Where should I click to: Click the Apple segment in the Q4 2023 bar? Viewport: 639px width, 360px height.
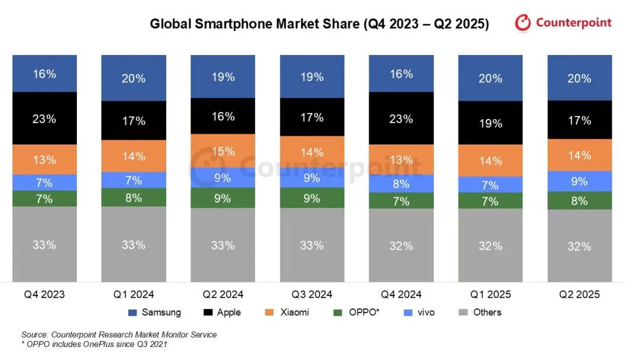pos(44,118)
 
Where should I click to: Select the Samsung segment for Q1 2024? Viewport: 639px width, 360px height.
pos(134,78)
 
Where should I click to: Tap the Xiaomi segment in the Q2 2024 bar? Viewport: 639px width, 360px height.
pos(222,151)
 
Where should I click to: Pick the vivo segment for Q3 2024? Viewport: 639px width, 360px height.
pos(312,178)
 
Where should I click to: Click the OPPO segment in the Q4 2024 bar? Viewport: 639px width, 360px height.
pos(401,201)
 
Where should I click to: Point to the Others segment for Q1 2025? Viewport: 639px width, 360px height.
pos(490,245)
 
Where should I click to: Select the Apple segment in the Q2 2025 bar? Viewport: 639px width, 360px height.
pos(579,120)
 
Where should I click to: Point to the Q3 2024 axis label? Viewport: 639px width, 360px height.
pos(312,294)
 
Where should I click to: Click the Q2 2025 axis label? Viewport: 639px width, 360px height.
pos(579,294)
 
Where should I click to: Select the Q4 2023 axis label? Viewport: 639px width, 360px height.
pos(44,294)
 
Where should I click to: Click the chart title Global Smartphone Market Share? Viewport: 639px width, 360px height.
pos(319,24)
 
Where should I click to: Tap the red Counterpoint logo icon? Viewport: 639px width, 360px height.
pos(523,23)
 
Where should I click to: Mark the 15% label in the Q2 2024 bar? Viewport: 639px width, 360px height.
pos(222,151)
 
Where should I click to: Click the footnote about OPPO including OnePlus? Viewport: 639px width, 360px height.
pos(94,345)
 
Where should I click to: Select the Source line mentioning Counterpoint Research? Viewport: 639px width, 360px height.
pos(119,335)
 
